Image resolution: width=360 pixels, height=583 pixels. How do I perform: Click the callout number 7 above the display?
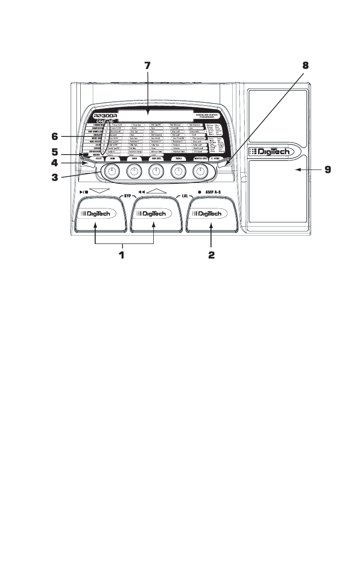[147, 65]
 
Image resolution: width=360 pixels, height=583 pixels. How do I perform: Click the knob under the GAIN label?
[112, 170]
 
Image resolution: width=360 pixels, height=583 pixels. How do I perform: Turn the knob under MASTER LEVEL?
[199, 170]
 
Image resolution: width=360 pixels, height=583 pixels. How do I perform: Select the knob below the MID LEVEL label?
[156, 170]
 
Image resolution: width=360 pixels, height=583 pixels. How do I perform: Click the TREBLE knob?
[178, 170]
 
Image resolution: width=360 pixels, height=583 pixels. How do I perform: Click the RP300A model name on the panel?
[105, 116]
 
